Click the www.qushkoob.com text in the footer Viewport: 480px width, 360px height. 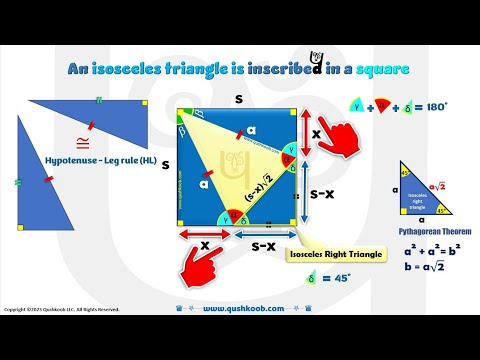[246, 309]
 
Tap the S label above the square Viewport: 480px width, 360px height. [237, 100]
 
